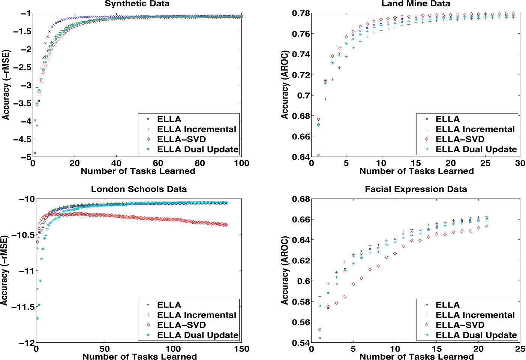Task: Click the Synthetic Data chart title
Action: click(137, 4)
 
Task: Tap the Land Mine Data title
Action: click(416, 4)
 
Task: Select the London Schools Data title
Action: click(139, 189)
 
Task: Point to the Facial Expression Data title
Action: click(416, 189)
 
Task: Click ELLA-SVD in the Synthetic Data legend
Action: click(181, 139)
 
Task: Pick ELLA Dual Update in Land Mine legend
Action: click(476, 149)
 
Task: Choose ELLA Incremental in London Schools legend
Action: click(196, 315)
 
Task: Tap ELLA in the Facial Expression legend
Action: click(448, 305)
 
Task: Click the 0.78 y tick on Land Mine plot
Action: click(300, 13)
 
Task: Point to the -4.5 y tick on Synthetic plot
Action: click(22, 139)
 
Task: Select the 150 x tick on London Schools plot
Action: click(241, 349)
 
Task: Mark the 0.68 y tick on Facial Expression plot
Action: click(300, 199)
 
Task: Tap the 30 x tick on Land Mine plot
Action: click(520, 163)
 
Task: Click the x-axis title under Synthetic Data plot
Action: click(138, 171)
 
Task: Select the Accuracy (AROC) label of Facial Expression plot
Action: click(285, 270)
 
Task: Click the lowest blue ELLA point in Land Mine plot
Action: click(318, 155)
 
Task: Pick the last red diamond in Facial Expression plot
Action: click(487, 226)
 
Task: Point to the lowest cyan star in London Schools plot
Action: click(37, 318)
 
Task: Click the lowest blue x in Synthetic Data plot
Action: click(35, 153)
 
